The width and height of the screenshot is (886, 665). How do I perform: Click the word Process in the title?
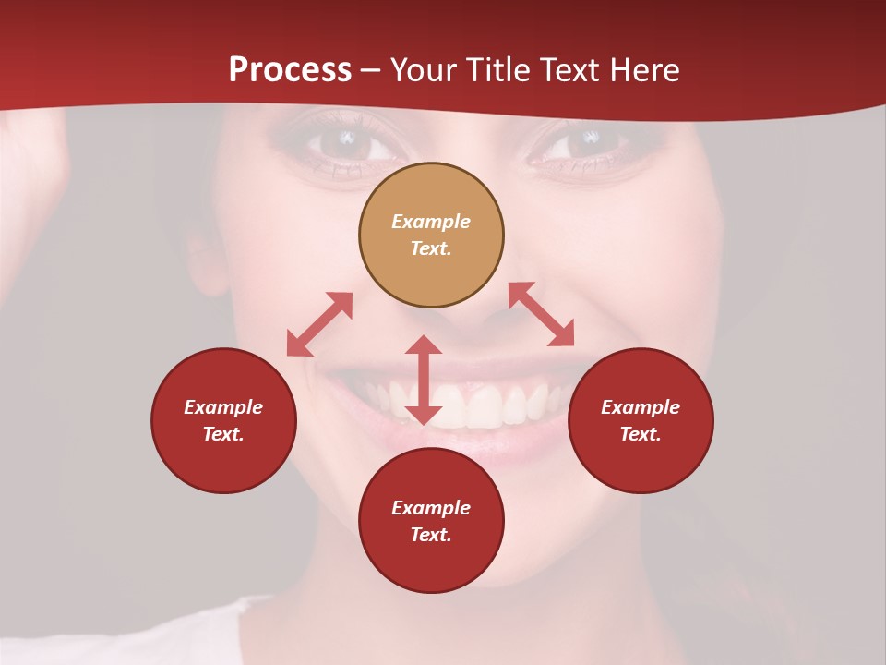(x=290, y=70)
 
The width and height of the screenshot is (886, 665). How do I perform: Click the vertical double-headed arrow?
(x=424, y=381)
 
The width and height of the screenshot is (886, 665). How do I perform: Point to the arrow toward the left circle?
(x=319, y=324)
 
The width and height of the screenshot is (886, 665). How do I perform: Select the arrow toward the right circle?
(x=542, y=314)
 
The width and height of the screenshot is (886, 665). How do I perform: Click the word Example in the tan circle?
(x=431, y=222)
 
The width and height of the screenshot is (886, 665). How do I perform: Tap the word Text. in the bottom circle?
(x=431, y=535)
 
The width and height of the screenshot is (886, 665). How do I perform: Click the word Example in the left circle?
(x=223, y=407)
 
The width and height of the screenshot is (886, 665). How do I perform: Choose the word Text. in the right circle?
(x=641, y=434)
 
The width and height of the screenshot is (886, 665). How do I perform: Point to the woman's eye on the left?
(x=346, y=141)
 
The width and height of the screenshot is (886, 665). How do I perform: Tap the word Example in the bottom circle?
(x=431, y=508)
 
